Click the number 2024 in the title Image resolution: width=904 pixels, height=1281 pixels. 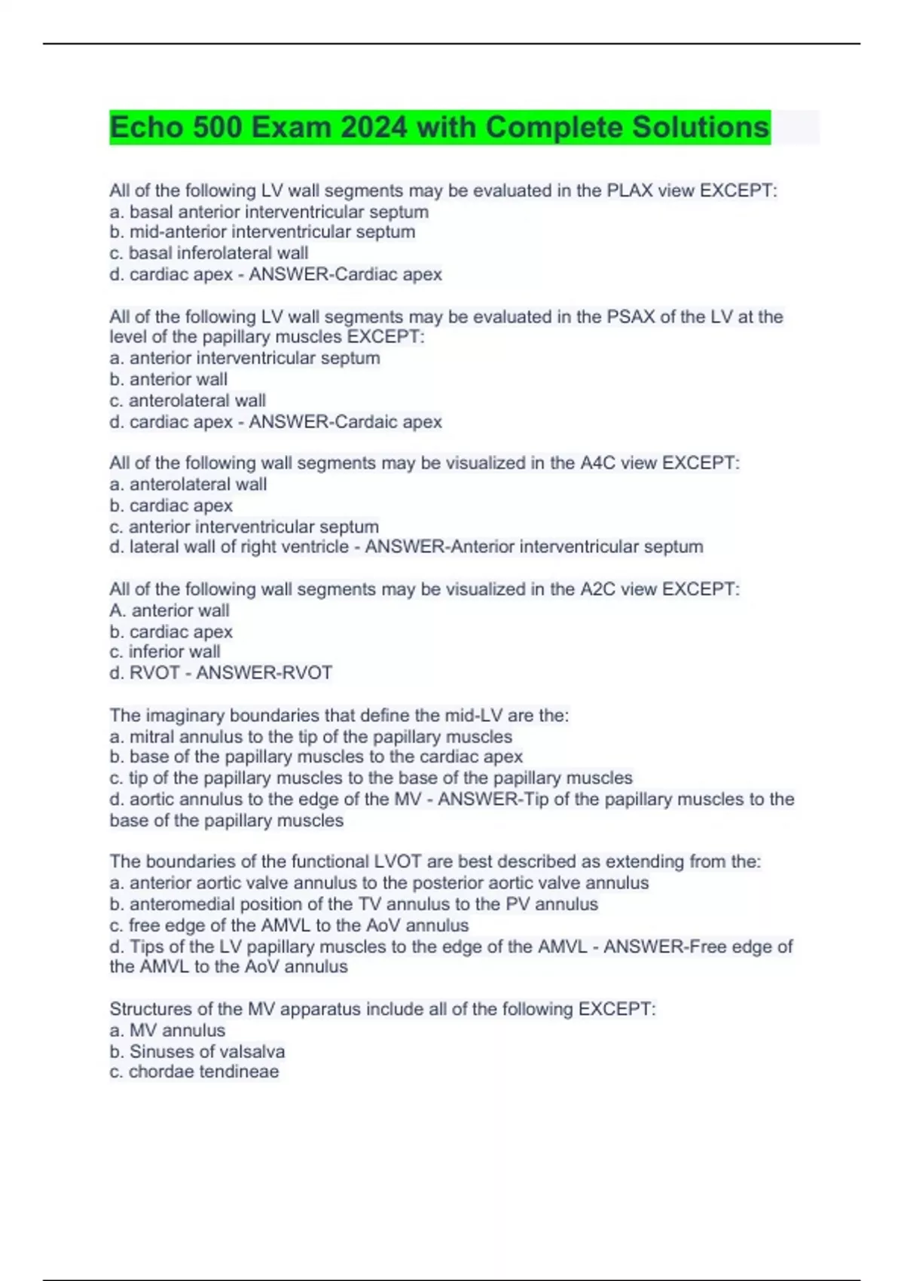click(x=374, y=127)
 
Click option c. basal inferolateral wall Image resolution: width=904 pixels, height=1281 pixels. click(x=209, y=253)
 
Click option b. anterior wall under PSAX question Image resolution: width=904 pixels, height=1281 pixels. click(x=168, y=380)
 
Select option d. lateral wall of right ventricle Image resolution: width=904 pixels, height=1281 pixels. click(x=229, y=547)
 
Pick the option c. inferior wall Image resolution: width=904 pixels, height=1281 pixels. click(x=165, y=652)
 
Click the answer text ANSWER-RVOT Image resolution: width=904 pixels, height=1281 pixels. click(x=264, y=673)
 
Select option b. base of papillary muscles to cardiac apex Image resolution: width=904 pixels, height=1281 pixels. click(x=316, y=757)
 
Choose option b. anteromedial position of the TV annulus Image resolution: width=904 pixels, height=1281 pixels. click(x=353, y=904)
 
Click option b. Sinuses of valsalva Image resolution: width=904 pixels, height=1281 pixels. click(x=197, y=1051)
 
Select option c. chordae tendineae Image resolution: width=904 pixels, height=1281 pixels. click(x=194, y=1072)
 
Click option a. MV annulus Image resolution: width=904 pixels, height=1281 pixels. click(x=167, y=1030)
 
